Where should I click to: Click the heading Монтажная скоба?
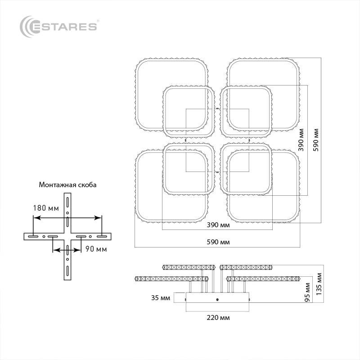tap(67, 185)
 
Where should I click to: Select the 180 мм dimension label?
tap(46, 208)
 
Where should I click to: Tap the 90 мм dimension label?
tap(96, 249)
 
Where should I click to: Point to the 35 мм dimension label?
tap(161, 298)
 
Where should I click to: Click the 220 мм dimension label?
tap(218, 318)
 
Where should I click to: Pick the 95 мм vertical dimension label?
tap(307, 292)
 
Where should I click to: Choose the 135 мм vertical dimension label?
tap(319, 284)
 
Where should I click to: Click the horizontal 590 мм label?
tap(218, 242)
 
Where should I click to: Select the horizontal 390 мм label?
tap(218, 225)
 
